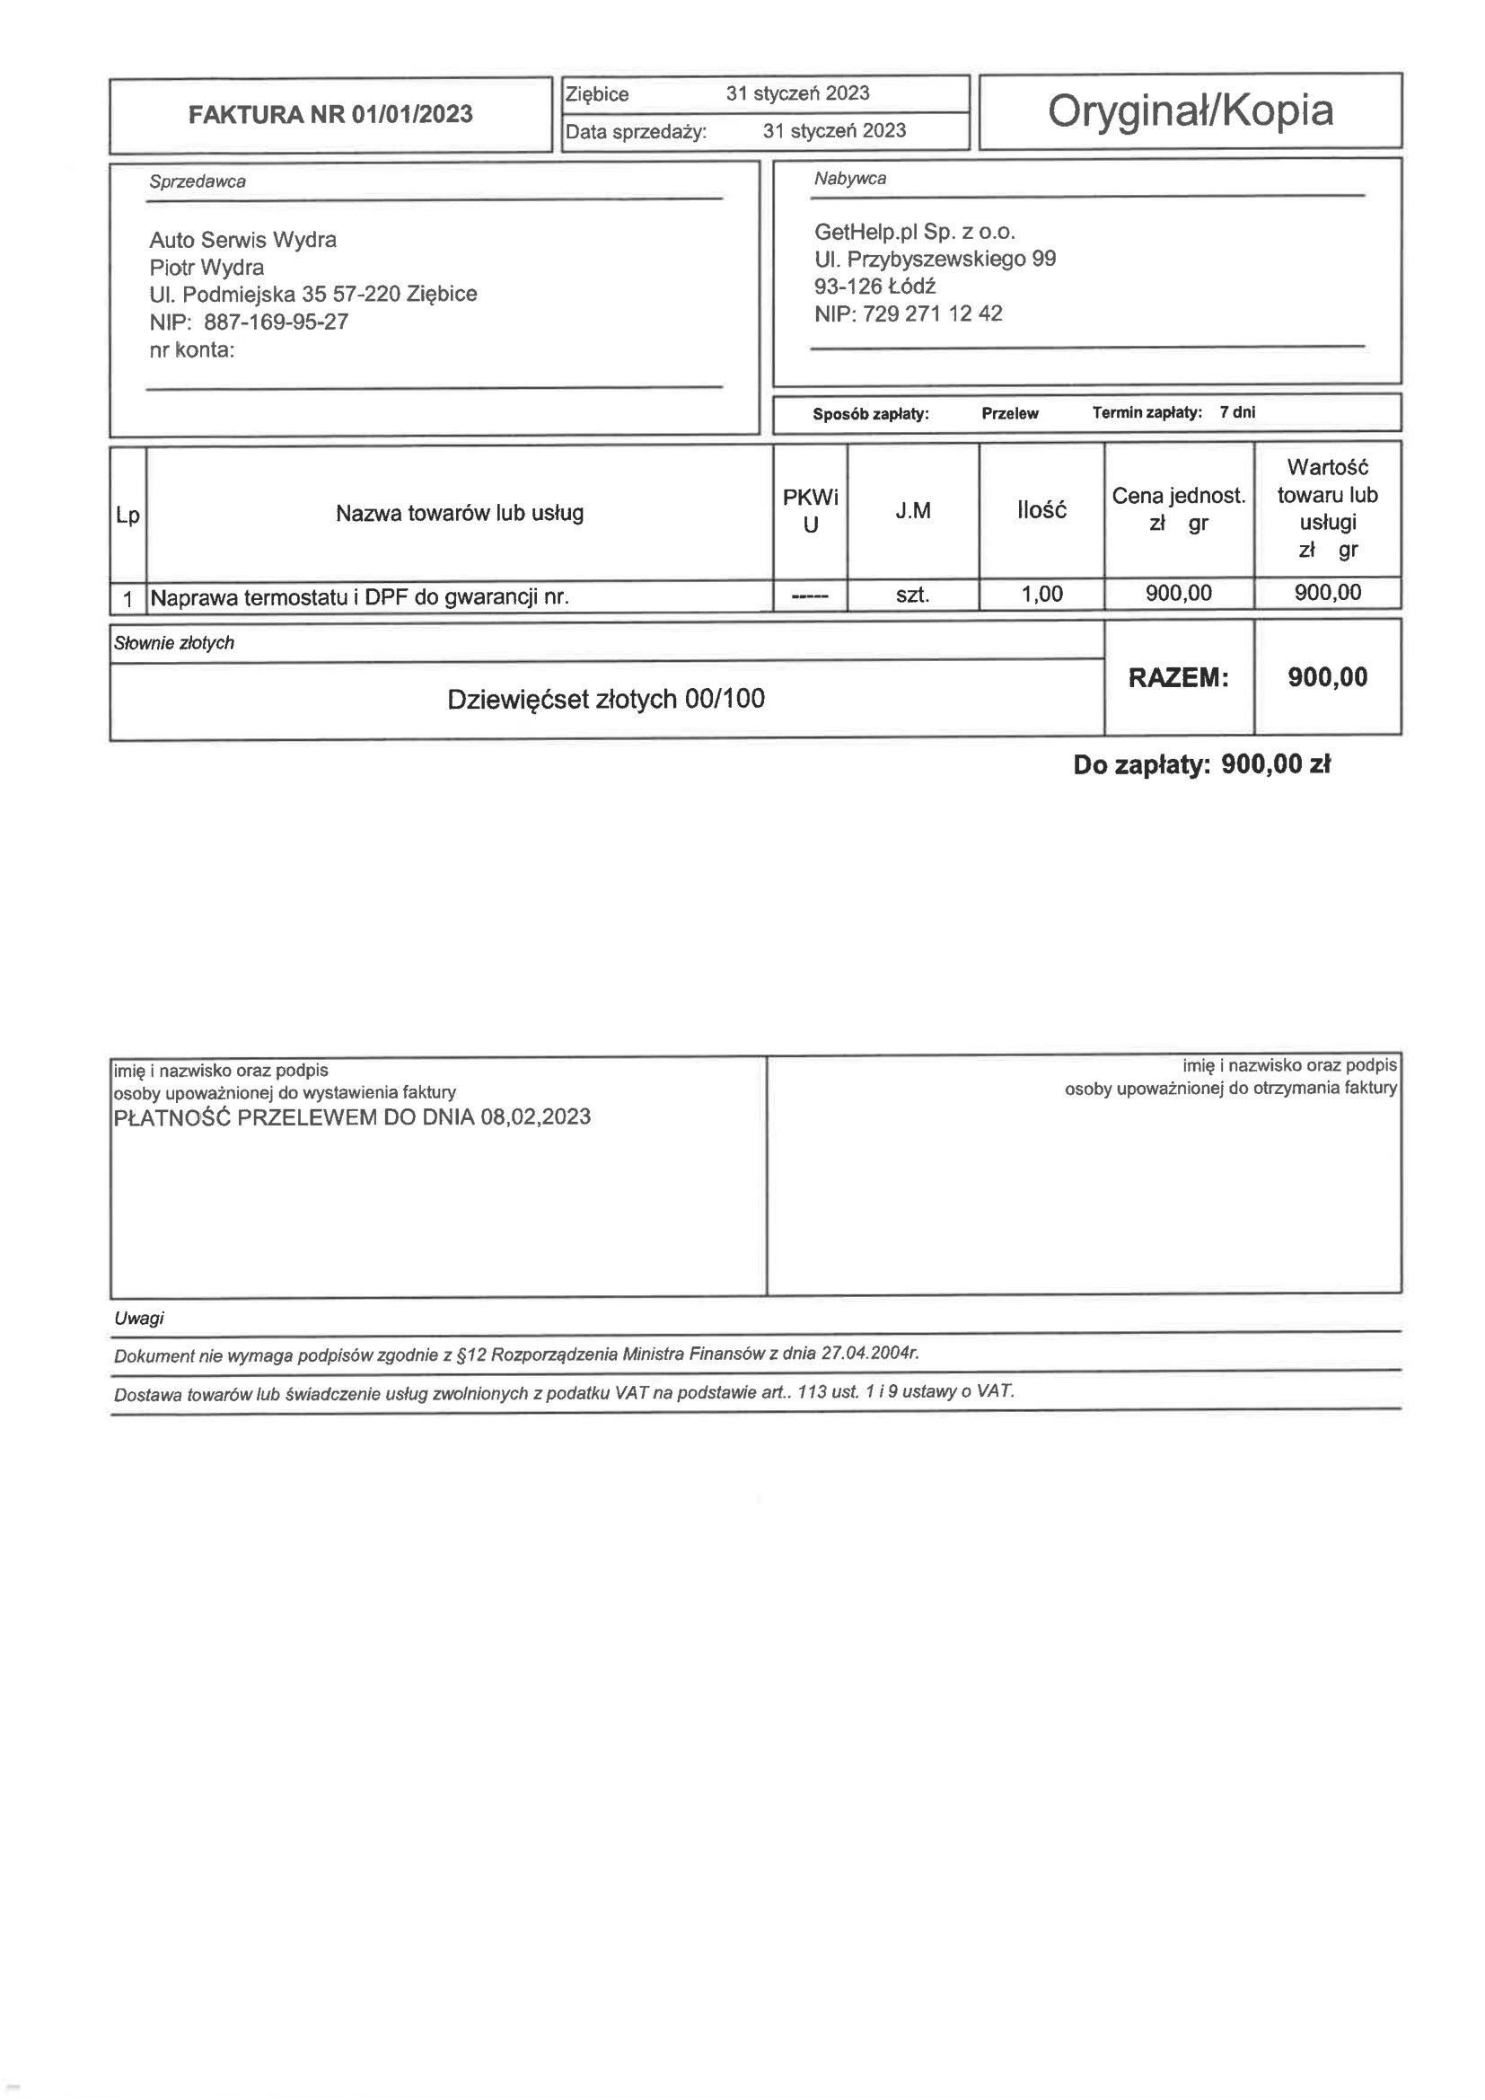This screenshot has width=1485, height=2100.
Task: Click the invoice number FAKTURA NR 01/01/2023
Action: pyautogui.click(x=330, y=114)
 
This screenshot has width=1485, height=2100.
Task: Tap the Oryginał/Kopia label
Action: pyautogui.click(x=1190, y=110)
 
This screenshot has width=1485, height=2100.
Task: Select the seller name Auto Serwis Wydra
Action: pyautogui.click(x=242, y=240)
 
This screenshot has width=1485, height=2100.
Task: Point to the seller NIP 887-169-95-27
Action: pyautogui.click(x=276, y=322)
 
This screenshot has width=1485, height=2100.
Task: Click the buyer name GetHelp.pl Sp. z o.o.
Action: pyautogui.click(x=914, y=232)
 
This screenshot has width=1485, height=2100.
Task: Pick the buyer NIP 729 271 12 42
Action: pyautogui.click(x=932, y=313)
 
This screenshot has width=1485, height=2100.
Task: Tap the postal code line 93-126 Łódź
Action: pyautogui.click(x=874, y=287)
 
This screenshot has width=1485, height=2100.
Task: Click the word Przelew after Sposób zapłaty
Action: pyautogui.click(x=1009, y=413)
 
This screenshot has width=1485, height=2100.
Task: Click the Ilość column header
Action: pyautogui.click(x=1041, y=510)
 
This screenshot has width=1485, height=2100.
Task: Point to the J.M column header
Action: pyautogui.click(x=912, y=510)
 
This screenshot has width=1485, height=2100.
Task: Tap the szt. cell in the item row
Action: pyautogui.click(x=912, y=595)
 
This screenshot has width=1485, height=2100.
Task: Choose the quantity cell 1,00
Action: pyautogui.click(x=1041, y=594)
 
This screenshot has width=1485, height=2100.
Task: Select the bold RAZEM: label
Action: pyautogui.click(x=1178, y=678)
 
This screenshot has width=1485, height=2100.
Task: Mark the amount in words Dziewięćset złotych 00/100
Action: pyautogui.click(x=605, y=699)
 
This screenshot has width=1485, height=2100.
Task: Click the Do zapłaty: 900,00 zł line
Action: pyautogui.click(x=1200, y=763)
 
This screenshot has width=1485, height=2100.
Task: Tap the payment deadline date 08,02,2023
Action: pyautogui.click(x=535, y=1116)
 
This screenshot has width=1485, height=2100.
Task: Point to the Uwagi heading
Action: pyautogui.click(x=139, y=1318)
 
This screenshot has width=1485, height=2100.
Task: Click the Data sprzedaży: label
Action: pyautogui.click(x=636, y=132)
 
